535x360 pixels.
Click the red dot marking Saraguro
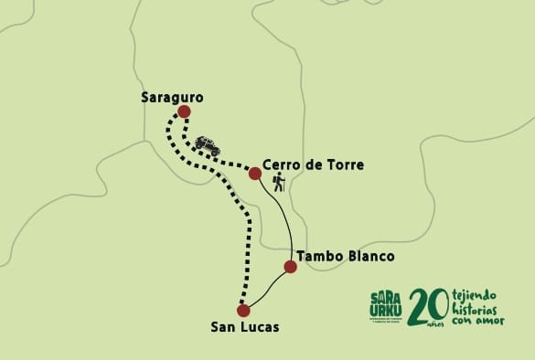click(184, 111)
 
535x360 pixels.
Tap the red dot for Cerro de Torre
click(255, 173)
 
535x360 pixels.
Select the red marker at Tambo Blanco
click(290, 267)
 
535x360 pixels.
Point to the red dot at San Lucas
click(243, 310)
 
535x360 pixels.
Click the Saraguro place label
click(172, 96)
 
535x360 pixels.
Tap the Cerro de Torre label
click(313, 165)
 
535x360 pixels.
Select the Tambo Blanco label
click(347, 257)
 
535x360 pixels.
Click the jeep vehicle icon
click(208, 144)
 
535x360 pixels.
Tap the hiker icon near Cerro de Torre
click(278, 183)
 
